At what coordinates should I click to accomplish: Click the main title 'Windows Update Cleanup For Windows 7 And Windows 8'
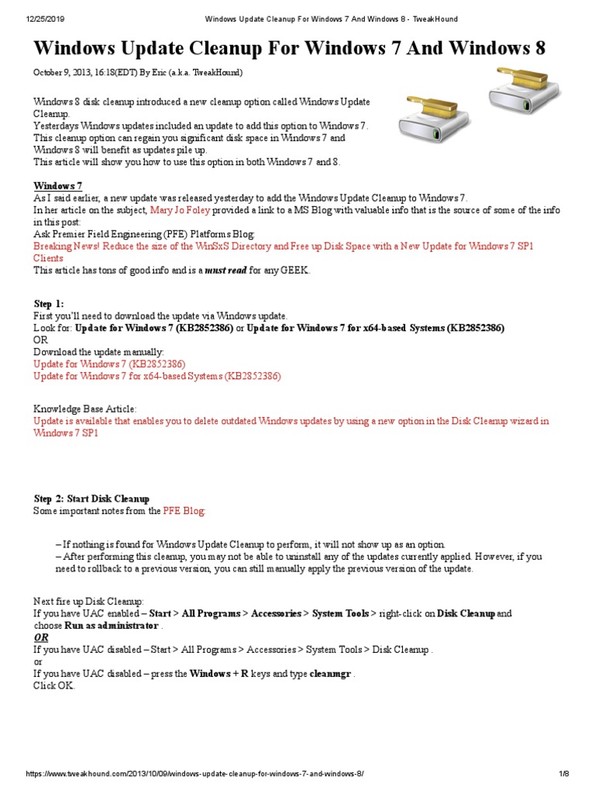pos(289,49)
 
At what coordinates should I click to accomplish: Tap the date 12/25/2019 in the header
pos(28,18)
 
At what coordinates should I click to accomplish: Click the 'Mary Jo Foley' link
pos(180,210)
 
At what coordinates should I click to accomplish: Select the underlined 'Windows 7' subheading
pos(57,186)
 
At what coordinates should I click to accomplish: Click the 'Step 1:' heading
pos(50,304)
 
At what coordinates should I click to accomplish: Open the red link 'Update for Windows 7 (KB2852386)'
pos(109,364)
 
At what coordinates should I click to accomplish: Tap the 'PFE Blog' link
pos(184,511)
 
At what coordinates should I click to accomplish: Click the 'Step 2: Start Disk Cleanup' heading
pos(91,499)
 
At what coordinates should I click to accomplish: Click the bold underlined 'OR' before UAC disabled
pos(40,637)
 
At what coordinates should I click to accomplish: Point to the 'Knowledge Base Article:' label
pos(85,409)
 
